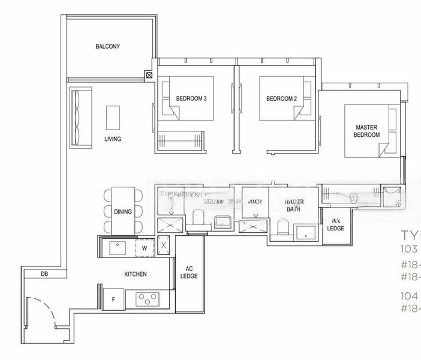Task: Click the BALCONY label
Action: [108, 46]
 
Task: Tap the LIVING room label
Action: [112, 139]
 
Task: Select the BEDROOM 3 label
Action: [191, 99]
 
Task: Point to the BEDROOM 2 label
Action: [281, 99]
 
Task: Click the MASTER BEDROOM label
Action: [368, 131]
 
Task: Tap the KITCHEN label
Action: [136, 274]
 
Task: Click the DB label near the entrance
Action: [44, 275]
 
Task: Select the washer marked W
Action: [144, 247]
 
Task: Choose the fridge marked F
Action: [114, 298]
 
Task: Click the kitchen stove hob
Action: [146, 298]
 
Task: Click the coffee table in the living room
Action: [113, 117]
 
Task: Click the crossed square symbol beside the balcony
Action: [149, 76]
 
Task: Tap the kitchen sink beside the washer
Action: [116, 247]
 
